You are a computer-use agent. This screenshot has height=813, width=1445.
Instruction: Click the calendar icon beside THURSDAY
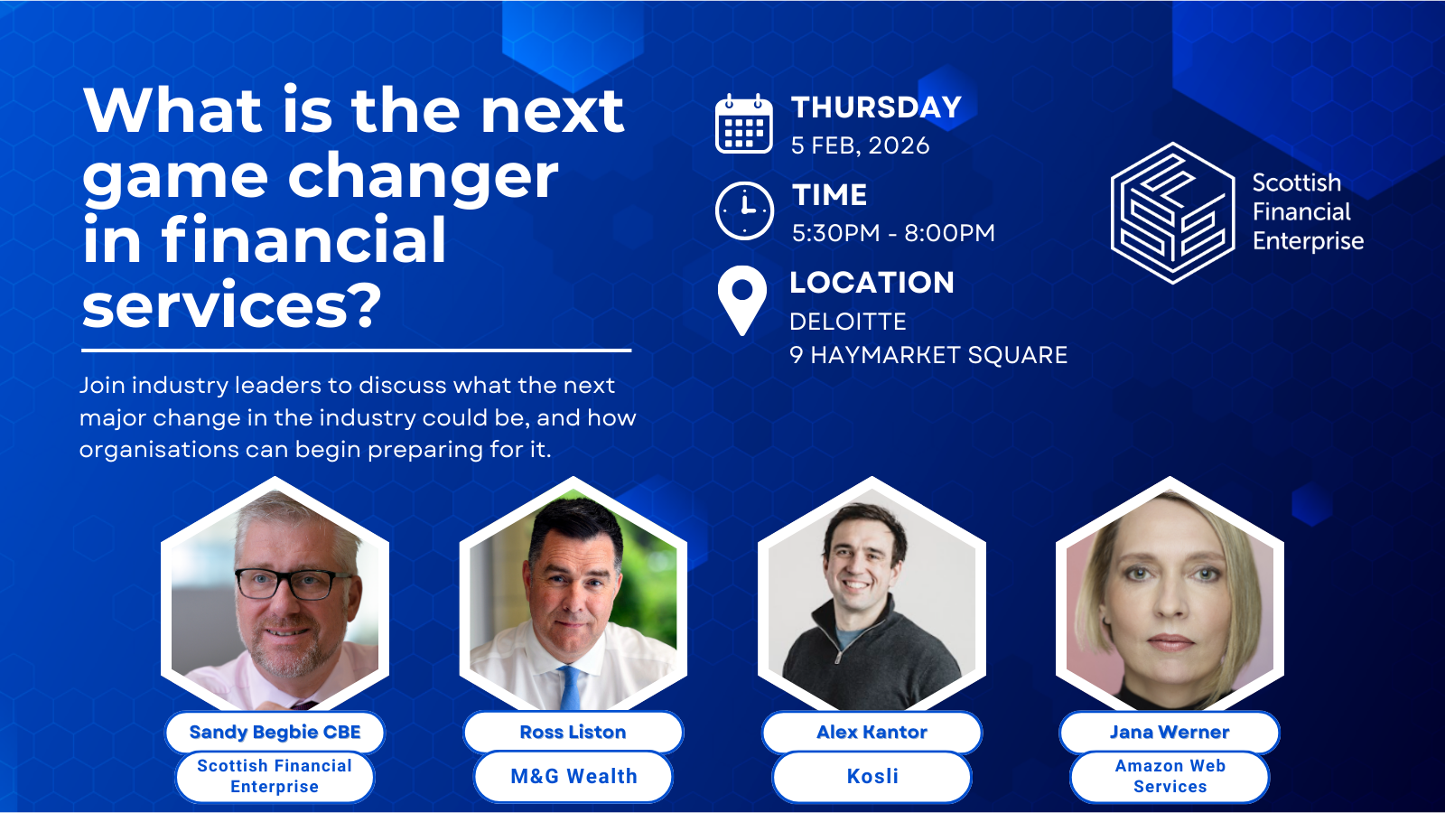(x=743, y=124)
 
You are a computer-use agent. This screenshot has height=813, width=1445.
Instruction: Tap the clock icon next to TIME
(x=744, y=210)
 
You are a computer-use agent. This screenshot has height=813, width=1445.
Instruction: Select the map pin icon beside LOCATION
(x=741, y=299)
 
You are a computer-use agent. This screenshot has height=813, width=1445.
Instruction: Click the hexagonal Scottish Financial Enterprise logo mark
(x=1172, y=213)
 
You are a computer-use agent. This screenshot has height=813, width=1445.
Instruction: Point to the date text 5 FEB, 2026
(x=860, y=145)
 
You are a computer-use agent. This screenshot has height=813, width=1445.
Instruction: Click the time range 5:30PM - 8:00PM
(x=892, y=233)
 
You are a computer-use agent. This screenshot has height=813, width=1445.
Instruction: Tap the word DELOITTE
(x=847, y=322)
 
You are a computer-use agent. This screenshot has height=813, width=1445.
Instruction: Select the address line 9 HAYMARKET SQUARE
(x=928, y=355)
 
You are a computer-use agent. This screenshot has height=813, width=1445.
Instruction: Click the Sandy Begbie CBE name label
(x=275, y=732)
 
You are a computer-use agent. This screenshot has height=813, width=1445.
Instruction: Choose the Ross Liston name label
(x=573, y=732)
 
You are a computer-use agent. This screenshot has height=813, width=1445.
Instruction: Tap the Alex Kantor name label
(x=872, y=732)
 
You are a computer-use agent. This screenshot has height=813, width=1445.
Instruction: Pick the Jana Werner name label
(x=1170, y=732)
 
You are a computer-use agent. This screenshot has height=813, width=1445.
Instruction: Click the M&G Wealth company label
(x=573, y=776)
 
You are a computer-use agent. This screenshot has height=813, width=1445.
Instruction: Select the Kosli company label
(x=872, y=776)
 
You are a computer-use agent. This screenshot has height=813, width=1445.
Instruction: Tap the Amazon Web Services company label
(x=1170, y=776)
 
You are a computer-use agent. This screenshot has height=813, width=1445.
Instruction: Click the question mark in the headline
(x=364, y=305)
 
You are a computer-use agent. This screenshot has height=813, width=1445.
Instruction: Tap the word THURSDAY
(x=876, y=107)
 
